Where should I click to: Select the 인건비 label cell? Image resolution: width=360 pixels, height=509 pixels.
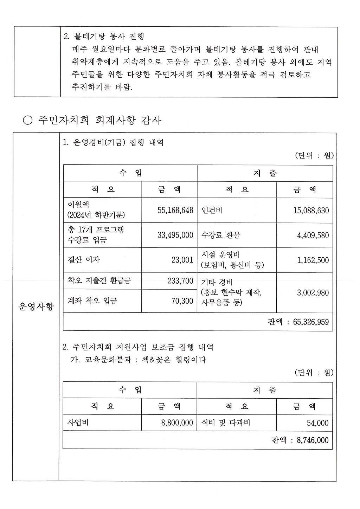212,210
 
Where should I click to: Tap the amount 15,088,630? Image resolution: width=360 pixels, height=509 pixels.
311,211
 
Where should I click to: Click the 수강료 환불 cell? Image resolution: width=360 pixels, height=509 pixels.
221,235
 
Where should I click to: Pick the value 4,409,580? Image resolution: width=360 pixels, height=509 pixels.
313,236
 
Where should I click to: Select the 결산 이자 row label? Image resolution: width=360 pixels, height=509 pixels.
84,260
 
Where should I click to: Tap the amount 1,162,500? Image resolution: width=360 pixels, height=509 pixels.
313,260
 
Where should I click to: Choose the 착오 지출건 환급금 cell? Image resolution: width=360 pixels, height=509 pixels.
99,281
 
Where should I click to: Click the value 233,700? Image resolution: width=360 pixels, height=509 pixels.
180,281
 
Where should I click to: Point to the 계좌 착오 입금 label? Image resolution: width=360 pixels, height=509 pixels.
92,301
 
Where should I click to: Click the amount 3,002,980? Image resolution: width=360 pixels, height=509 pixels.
313,293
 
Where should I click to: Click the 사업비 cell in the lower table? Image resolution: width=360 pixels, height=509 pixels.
78,423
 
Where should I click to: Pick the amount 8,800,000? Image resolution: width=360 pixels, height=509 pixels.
177,423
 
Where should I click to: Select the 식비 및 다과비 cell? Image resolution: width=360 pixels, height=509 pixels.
225,423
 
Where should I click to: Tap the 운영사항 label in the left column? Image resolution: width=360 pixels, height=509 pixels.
36,307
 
